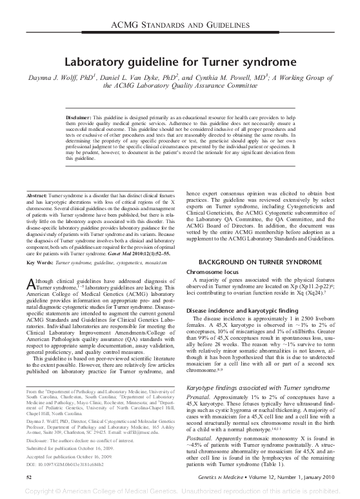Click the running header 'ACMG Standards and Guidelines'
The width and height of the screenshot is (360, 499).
tap(180, 25)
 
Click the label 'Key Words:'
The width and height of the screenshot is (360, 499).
tap(39, 228)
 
